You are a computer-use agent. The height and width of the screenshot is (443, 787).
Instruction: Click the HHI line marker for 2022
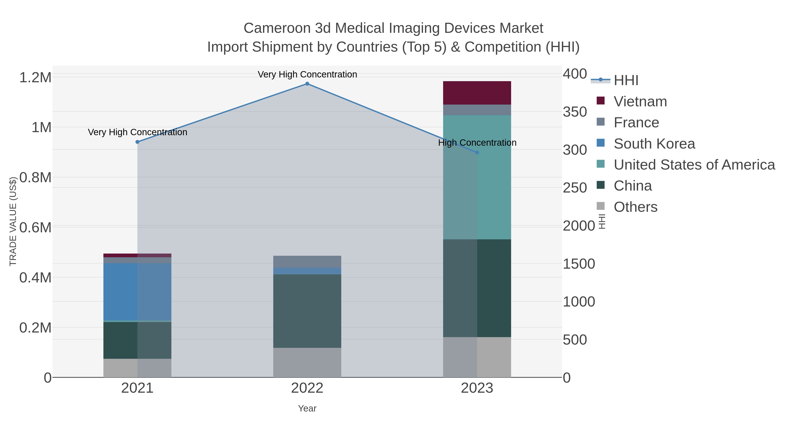(307, 84)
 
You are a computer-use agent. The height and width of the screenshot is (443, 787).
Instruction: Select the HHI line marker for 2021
(138, 142)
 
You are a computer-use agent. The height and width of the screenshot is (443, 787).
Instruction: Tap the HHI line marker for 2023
(477, 152)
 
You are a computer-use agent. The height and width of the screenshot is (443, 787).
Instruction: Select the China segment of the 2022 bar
(307, 311)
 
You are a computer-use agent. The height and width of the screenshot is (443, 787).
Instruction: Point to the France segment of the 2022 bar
(307, 262)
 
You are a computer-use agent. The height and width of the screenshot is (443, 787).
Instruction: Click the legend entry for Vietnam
(640, 102)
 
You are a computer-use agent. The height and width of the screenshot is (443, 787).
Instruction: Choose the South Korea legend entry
(654, 144)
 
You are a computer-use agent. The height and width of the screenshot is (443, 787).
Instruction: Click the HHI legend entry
(626, 81)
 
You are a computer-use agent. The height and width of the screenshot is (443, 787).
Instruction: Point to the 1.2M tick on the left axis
(35, 78)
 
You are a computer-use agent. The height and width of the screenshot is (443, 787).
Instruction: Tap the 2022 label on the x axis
(307, 389)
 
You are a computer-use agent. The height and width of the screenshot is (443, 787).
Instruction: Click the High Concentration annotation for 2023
(477, 143)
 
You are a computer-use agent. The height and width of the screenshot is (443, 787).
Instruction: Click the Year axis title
(307, 408)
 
